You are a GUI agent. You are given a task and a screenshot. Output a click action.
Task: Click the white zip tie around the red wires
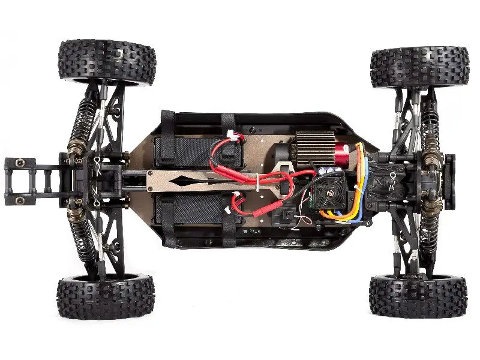[x=256, y=180]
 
